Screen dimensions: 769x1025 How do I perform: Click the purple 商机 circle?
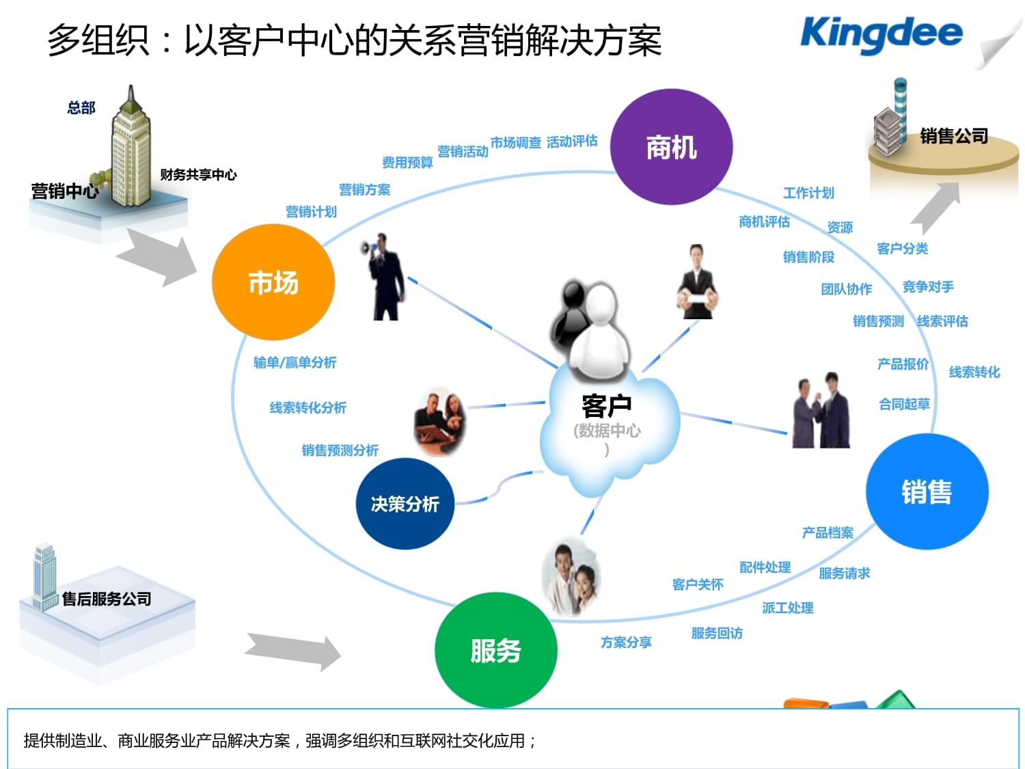click(671, 147)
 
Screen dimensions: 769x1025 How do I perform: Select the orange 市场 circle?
click(273, 282)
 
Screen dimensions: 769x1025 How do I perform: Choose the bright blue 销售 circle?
click(927, 491)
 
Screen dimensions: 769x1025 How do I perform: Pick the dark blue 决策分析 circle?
click(405, 504)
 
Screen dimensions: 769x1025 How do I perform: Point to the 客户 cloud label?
click(606, 406)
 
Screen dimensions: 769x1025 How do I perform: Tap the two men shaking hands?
click(821, 412)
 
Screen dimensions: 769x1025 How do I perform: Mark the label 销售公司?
click(954, 136)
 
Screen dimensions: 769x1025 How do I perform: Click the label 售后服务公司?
click(107, 599)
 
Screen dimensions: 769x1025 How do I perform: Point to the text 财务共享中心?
click(198, 174)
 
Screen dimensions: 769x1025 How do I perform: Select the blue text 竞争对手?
click(928, 286)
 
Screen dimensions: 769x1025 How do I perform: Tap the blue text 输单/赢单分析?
click(295, 362)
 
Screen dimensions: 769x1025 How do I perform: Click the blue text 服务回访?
click(717, 633)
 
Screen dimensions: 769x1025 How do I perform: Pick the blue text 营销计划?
click(311, 212)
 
